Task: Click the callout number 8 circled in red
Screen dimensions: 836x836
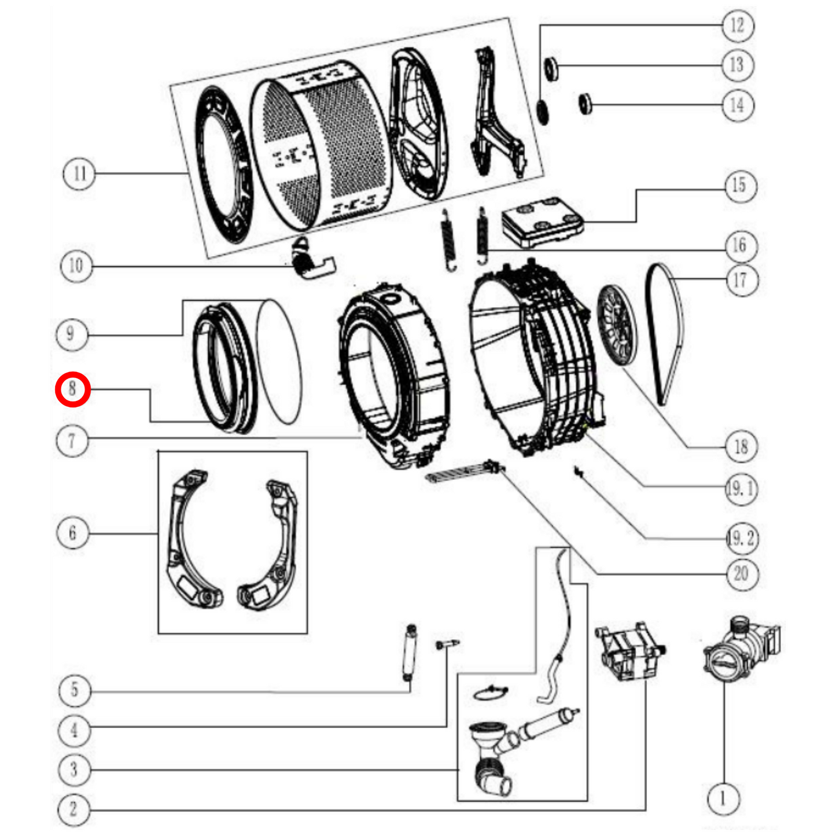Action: (x=72, y=389)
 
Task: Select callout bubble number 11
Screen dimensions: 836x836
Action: (x=79, y=173)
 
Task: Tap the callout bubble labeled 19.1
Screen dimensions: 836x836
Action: (x=741, y=489)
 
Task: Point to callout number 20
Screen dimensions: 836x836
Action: (x=741, y=574)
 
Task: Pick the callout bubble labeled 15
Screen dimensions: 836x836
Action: (x=739, y=186)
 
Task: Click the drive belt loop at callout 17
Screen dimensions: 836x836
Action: (x=665, y=333)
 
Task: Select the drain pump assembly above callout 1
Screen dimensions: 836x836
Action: (x=741, y=648)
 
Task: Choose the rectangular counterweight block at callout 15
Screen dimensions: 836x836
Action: (x=542, y=223)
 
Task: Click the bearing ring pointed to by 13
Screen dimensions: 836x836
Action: (x=551, y=69)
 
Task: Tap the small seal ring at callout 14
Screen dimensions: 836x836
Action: (x=586, y=103)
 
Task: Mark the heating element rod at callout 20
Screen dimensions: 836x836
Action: (x=463, y=471)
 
